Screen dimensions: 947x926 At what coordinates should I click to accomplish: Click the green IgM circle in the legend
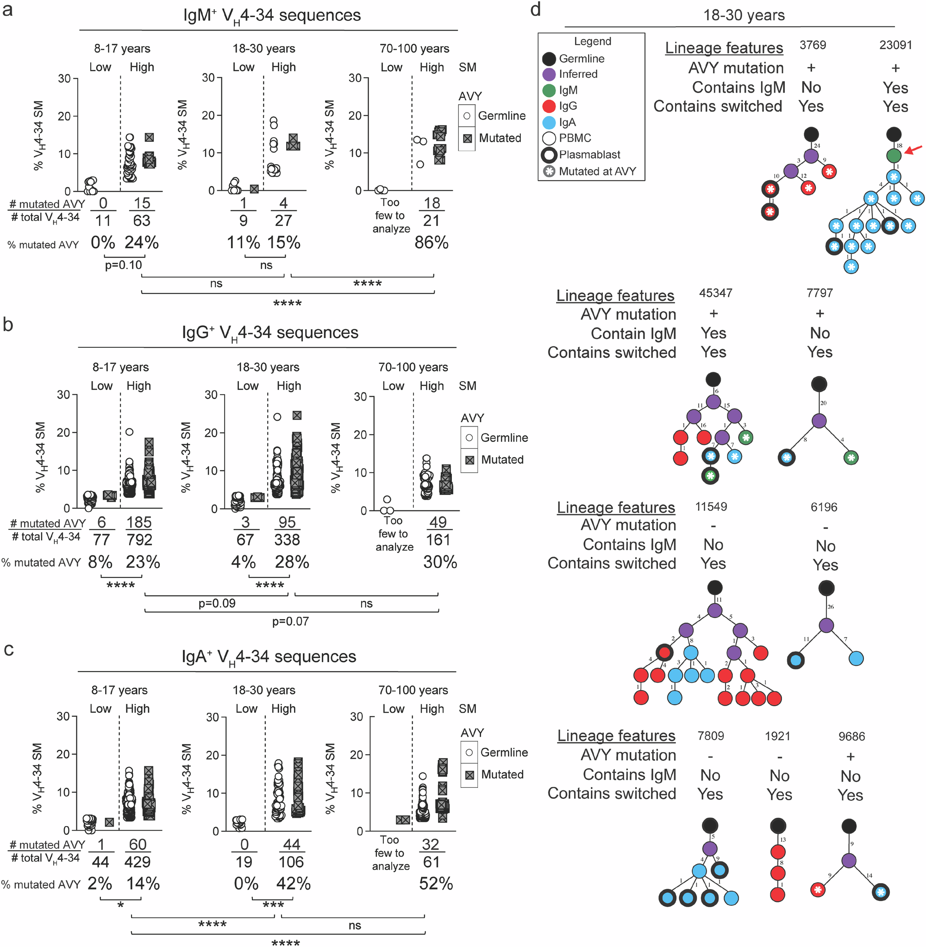pos(549,90)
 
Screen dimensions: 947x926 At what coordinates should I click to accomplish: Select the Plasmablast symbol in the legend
pos(549,155)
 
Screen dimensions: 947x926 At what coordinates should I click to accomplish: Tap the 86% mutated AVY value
pos(432,242)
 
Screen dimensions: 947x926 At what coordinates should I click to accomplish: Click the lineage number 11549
pos(711,507)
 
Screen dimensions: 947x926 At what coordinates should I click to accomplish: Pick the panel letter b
pos(8,325)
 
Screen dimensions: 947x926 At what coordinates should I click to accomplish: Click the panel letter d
pos(536,9)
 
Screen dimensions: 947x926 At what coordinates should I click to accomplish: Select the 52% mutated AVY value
pos(436,883)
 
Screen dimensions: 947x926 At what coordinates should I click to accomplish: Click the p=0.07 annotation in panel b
pos(290,621)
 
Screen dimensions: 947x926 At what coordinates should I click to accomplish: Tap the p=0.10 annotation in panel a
pos(124,265)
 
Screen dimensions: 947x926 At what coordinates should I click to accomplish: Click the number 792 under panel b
pos(139,539)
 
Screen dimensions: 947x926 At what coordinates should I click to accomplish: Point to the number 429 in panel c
pos(137,862)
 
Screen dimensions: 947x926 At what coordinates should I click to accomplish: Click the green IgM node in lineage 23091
pos(894,156)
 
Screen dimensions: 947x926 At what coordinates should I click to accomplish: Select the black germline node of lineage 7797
pos(819,384)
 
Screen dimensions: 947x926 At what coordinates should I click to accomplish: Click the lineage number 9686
pos(851,736)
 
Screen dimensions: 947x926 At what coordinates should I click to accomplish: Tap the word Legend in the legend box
pos(592,41)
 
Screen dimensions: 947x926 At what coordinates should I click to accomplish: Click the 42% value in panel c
pos(293,883)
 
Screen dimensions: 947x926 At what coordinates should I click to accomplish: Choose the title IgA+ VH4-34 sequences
pos(269,657)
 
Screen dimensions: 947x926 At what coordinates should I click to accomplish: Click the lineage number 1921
pos(777,736)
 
